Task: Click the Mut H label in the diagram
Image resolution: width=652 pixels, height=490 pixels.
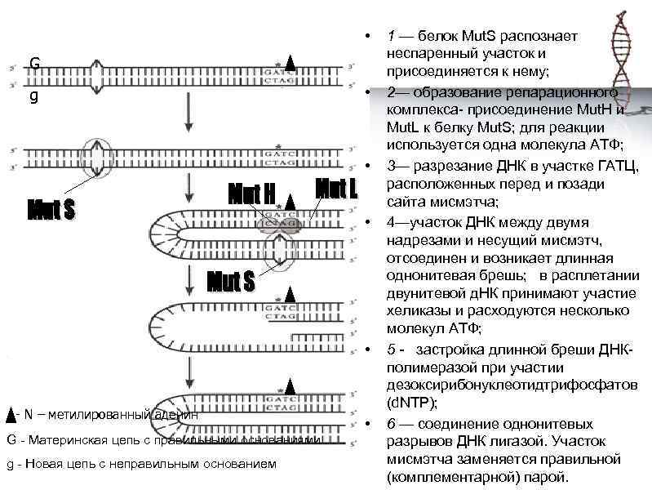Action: click(x=252, y=194)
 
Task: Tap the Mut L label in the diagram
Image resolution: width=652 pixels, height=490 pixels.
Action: click(x=336, y=189)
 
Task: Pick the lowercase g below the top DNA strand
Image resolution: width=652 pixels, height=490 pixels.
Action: click(x=33, y=96)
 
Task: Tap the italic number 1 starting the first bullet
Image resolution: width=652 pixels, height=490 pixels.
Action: click(x=392, y=37)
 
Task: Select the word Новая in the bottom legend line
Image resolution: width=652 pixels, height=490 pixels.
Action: click(x=42, y=465)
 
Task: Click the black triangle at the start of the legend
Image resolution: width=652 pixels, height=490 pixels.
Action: click(x=9, y=414)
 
